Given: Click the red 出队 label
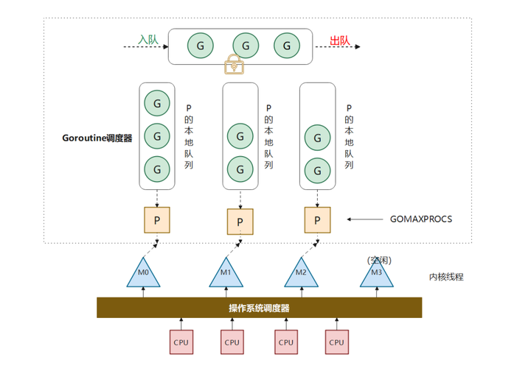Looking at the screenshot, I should pos(339,40).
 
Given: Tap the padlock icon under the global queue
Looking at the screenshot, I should pos(235,65).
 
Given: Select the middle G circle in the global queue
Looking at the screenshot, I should pos(245,46).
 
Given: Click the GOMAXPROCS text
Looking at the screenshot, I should pos(420,219).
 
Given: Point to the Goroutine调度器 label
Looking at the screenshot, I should pos(98,138).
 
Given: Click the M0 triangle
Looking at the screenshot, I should pos(143,273).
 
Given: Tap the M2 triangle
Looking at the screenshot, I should pos(301,273).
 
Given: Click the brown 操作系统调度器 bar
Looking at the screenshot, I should pos(260,308).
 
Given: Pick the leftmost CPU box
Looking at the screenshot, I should pos(181,342).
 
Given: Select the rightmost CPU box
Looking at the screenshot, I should pos(337,342).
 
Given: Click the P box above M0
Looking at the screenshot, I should pos(156,219).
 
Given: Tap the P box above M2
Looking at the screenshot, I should pos(317,219).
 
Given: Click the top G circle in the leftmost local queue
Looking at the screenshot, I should pos(156,101).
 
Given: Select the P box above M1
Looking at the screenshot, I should pos(240,221).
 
